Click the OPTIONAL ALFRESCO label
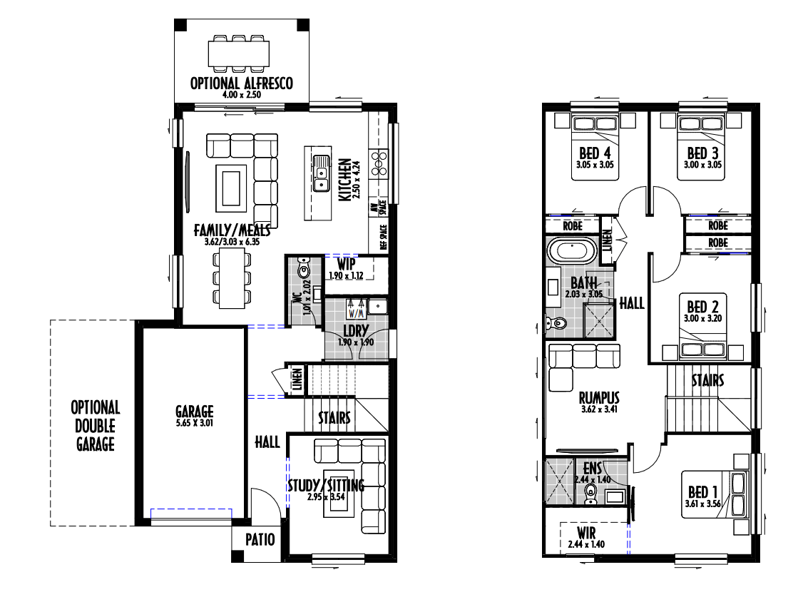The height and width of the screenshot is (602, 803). pos(241,83)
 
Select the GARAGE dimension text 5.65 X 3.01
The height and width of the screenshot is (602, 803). pos(194,423)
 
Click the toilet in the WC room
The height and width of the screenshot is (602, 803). pos(305,268)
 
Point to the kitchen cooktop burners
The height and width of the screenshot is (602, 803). pos(379,163)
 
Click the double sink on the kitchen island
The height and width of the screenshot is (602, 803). pos(321,173)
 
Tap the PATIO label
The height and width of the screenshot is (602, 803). pos(260,539)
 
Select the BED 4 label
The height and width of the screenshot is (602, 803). pos(595,153)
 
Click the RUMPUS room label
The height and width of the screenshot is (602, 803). pos(598,397)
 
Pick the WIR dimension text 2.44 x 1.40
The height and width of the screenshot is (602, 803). pos(586,544)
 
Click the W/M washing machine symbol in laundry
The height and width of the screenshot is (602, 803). pos(356,308)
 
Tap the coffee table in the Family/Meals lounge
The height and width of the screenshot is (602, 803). pos(230,188)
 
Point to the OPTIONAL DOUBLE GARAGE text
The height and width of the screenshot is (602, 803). pos(96,426)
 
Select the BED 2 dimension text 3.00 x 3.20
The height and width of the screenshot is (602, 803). pos(702,318)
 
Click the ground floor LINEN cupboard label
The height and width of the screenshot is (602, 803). pos(297,379)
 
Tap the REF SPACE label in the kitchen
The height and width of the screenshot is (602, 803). pos(383,238)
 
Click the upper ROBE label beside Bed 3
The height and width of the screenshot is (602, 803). pos(718,225)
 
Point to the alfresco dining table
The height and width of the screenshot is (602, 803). pos(239,53)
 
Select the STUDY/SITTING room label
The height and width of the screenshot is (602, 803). pos(326,485)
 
